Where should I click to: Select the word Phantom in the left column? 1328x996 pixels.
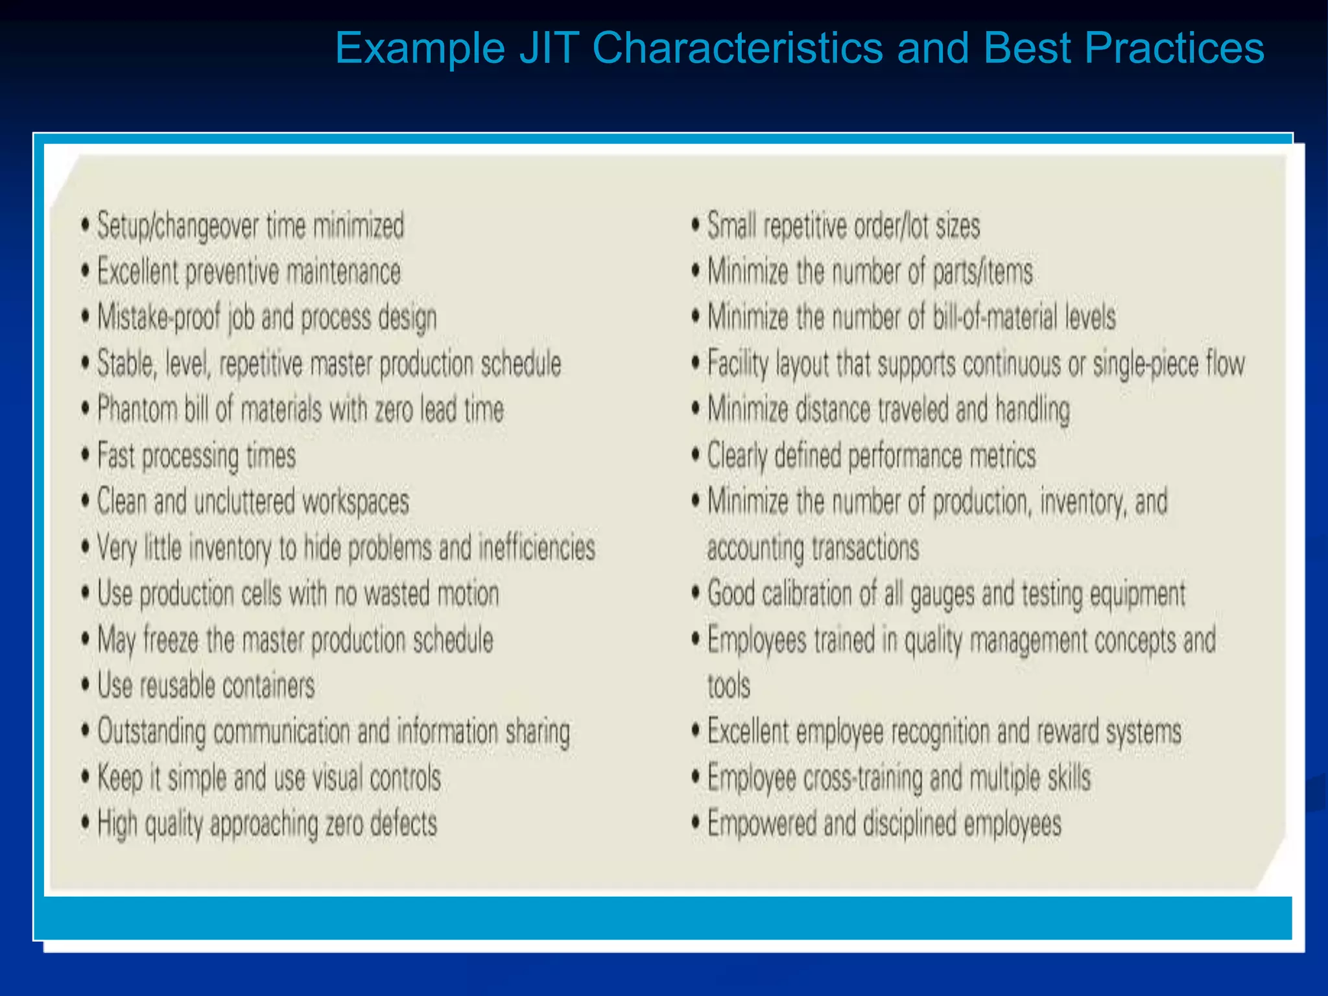(x=137, y=410)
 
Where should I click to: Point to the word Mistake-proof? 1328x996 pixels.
(x=159, y=318)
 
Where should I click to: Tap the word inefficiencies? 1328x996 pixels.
(x=536, y=548)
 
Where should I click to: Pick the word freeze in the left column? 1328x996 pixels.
(x=171, y=640)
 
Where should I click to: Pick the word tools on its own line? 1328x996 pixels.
(x=728, y=686)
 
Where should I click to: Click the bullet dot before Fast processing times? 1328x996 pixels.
(x=85, y=455)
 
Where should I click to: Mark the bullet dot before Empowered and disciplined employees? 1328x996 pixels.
(x=695, y=824)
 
